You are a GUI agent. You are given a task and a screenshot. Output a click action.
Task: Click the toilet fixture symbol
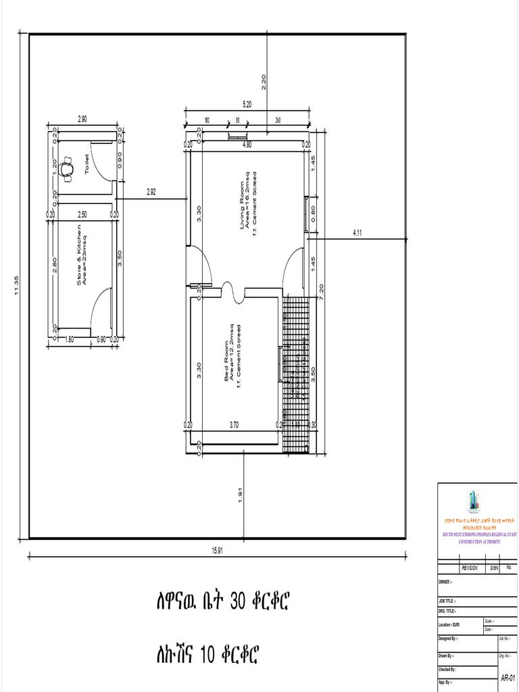coord(67,167)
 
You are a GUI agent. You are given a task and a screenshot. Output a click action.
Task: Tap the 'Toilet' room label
coord(86,164)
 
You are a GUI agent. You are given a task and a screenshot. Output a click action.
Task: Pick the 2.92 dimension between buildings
coord(151,192)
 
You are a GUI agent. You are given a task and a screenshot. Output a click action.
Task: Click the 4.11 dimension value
coord(358,232)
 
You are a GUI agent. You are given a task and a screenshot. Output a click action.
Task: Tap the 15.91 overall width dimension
coord(217,550)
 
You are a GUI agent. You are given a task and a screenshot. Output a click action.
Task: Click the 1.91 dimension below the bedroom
coord(241,495)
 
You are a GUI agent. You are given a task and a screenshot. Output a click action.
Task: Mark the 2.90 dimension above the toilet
coord(82,119)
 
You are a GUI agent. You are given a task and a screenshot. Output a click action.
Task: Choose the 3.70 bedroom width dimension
coord(234,424)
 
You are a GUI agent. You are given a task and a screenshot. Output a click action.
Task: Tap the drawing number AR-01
coord(508,678)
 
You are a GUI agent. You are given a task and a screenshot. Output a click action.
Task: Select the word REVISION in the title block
coord(469,568)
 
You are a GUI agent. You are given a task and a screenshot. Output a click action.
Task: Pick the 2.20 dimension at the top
coord(264,81)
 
